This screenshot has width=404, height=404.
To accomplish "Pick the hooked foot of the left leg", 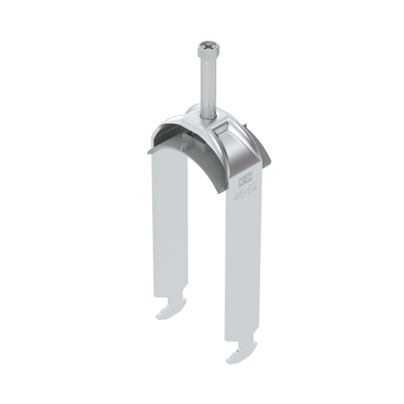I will coord(169,312).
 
